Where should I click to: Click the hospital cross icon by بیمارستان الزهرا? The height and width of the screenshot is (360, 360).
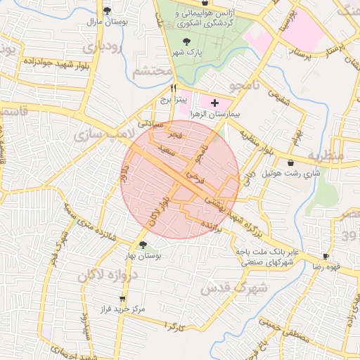[x=214, y=103]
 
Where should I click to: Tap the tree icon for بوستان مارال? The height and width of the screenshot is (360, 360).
[x=107, y=11]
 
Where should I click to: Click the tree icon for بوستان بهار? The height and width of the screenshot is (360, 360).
[x=143, y=245]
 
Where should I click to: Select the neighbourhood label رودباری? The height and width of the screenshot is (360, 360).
[x=103, y=47]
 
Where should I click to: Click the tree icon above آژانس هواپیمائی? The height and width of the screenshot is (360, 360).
[x=204, y=3]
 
